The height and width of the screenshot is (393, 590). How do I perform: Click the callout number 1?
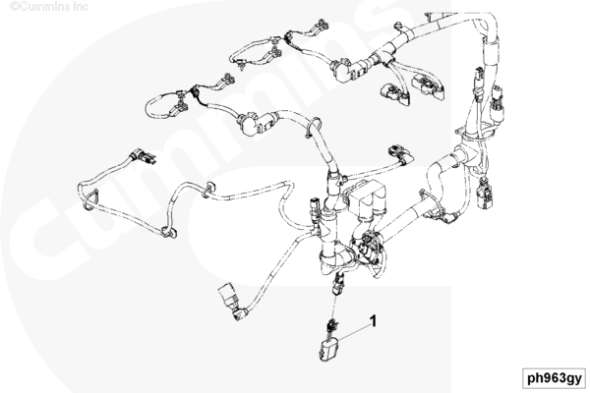point(373,321)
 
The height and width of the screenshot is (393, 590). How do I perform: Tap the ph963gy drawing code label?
point(555,378)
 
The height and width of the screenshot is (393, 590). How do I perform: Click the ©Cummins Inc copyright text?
point(49,7)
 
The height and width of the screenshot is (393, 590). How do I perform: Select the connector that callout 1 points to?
point(328,349)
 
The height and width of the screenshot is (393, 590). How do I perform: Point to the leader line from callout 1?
point(353,332)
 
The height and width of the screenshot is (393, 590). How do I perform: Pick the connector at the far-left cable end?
point(143,155)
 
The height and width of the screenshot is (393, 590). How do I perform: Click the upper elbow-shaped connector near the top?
point(349,71)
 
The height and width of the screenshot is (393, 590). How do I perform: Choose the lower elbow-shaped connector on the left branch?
point(256,123)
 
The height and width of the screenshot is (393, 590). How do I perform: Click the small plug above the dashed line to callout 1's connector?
point(337,285)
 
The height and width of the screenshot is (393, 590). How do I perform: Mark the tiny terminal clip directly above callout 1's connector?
point(331,325)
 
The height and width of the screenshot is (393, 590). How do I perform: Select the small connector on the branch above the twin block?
point(398,152)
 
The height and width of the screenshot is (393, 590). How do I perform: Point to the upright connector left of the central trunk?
point(315,209)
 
